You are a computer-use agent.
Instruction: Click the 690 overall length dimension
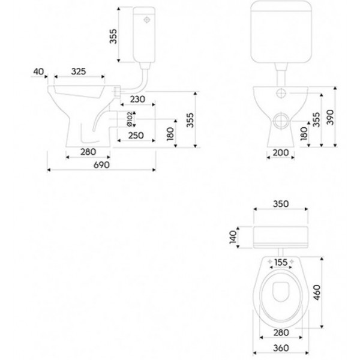(x=101, y=165)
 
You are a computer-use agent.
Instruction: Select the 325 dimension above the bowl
(x=79, y=71)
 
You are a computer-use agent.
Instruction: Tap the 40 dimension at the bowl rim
(x=38, y=71)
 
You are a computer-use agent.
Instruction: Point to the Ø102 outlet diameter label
(x=130, y=119)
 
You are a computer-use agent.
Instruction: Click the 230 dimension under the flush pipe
(x=138, y=99)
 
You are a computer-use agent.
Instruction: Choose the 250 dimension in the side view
(x=136, y=136)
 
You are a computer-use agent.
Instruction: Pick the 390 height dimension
(x=330, y=117)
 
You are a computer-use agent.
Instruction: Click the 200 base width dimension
(x=281, y=152)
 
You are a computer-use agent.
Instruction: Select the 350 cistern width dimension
(x=281, y=203)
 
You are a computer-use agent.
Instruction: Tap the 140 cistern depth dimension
(x=233, y=237)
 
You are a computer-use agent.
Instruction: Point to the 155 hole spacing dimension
(x=281, y=262)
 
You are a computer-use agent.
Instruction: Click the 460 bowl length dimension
(x=317, y=292)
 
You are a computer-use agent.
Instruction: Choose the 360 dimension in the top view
(x=281, y=348)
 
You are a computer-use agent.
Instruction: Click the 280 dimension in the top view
(x=281, y=332)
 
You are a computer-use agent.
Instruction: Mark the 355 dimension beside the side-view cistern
(x=113, y=36)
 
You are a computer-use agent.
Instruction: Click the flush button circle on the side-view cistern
(x=146, y=20)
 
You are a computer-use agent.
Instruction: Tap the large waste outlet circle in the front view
(x=281, y=121)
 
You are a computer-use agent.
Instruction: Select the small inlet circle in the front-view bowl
(x=281, y=93)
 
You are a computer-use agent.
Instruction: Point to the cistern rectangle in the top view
(x=281, y=238)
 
